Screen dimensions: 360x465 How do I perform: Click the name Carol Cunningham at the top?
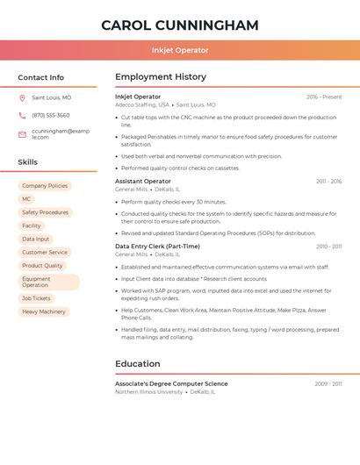(180, 25)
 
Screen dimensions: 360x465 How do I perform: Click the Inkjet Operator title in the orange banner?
(180, 50)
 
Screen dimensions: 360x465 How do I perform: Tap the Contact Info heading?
(41, 77)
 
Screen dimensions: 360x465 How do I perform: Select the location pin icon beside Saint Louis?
(22, 98)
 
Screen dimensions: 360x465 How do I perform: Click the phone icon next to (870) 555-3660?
(22, 115)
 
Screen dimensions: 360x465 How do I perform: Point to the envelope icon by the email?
(22, 134)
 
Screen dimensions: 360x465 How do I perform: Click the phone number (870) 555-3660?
(51, 115)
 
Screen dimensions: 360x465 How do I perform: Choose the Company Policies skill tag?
(45, 186)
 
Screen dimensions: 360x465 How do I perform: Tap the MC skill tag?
(26, 199)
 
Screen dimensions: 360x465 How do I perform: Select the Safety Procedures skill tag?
(45, 212)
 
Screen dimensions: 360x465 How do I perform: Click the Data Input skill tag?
(36, 239)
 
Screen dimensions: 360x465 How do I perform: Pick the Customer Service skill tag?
(45, 252)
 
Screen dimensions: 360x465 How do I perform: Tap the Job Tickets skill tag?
(36, 298)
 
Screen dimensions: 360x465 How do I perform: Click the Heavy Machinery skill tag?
(44, 311)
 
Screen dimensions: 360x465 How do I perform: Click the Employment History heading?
(161, 77)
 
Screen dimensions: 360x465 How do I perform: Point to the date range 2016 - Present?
(324, 97)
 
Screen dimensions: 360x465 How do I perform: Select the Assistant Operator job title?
(143, 182)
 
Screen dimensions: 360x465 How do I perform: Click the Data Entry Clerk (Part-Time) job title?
(157, 247)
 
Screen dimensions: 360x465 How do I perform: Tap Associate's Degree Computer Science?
(171, 383)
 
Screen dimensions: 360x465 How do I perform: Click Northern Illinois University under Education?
(149, 392)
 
